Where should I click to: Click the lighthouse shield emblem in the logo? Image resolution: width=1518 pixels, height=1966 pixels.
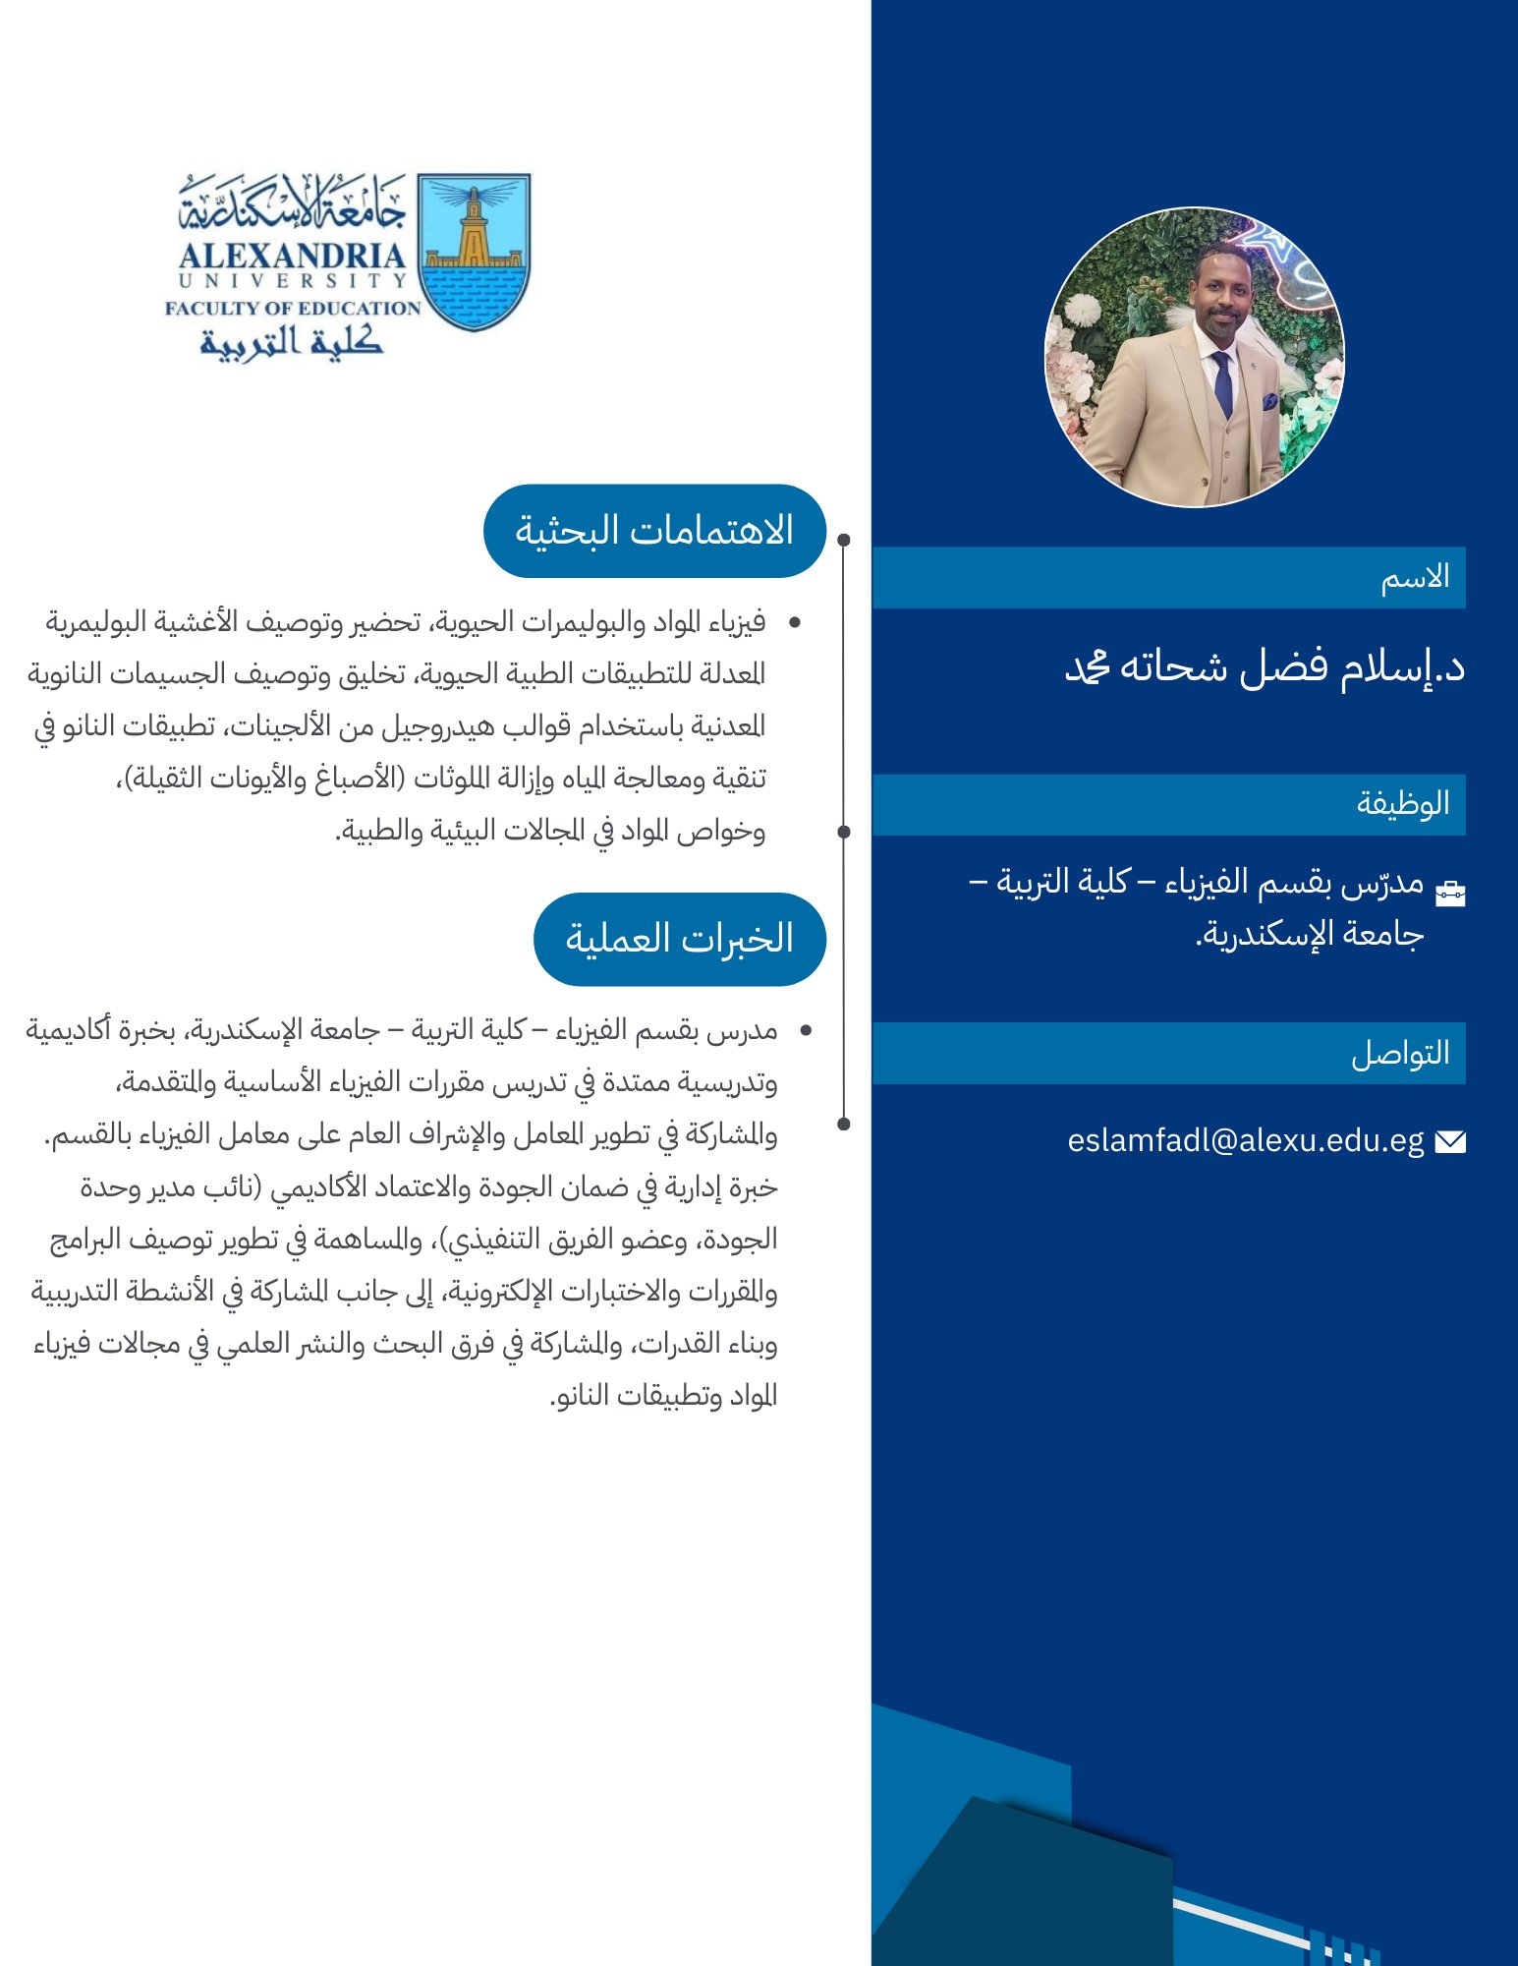[474, 251]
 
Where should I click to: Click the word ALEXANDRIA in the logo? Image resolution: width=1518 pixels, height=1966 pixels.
[292, 257]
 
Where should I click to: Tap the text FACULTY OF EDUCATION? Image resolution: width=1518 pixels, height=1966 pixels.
[293, 308]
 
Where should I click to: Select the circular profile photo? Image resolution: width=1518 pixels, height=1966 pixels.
[1194, 357]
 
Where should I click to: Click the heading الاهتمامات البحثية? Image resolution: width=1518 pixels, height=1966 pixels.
[654, 531]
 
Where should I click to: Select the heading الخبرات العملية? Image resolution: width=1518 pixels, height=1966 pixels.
[680, 939]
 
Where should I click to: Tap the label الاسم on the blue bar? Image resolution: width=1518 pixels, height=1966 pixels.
[1415, 577]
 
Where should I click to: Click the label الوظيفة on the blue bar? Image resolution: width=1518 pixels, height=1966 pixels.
[1403, 803]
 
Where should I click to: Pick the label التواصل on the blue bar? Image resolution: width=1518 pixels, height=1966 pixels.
[1400, 1053]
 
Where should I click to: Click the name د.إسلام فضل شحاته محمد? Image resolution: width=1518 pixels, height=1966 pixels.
[1265, 667]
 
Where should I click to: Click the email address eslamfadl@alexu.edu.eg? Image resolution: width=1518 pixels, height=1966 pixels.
[1245, 1140]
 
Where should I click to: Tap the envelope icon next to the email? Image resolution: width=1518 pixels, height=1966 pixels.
[1450, 1141]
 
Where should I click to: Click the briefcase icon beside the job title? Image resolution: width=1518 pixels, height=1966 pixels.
[1450, 893]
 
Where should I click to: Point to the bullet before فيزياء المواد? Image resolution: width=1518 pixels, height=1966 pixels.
[795, 622]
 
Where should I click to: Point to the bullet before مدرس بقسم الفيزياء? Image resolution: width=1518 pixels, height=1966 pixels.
[806, 1030]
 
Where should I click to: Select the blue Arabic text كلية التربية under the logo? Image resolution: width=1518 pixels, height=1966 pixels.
[291, 341]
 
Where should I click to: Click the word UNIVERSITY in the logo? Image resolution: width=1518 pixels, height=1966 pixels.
[292, 281]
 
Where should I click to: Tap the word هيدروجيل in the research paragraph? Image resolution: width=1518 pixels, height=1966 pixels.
[441, 726]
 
